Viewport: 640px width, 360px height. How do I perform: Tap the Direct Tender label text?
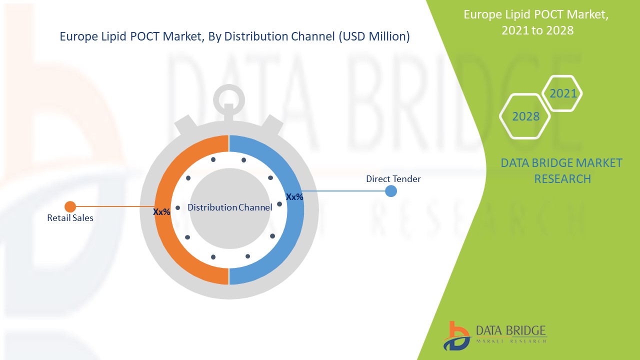coord(393,178)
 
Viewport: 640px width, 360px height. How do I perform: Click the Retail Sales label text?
coord(70,218)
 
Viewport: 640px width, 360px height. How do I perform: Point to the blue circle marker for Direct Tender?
coord(391,191)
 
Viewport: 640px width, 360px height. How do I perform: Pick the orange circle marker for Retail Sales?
coord(70,206)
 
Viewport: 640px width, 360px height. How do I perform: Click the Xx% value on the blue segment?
coord(294,197)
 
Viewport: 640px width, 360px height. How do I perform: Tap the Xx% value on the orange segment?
coord(161,212)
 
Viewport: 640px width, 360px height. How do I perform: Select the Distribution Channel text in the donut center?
coord(229,207)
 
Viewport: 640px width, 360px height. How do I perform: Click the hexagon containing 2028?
coord(525,116)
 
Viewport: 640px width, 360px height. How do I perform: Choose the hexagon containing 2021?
coord(563,93)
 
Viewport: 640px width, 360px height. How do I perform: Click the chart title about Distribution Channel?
coord(234,36)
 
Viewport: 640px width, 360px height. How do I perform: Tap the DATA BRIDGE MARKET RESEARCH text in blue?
coord(561,170)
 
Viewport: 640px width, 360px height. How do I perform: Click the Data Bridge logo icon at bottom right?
coord(456,335)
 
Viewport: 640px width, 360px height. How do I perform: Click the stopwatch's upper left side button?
coord(184,124)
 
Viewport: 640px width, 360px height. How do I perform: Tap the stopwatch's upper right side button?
coord(273,124)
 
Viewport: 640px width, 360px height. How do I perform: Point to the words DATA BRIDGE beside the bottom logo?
coord(510,330)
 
